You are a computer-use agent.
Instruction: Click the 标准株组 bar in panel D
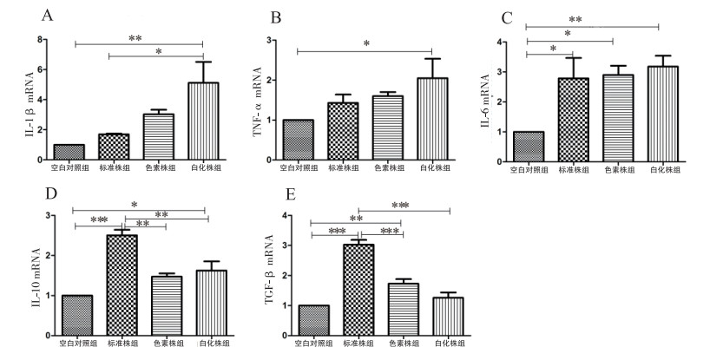121,285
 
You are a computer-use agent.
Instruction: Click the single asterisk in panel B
367,43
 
